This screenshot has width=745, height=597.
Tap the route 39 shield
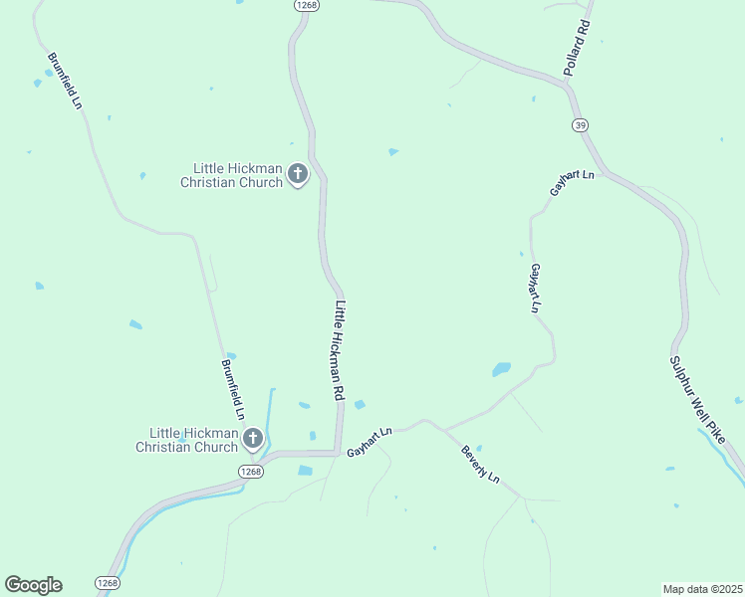[580, 124]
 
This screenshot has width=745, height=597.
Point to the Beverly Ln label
[479, 465]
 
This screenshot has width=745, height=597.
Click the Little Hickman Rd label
[339, 351]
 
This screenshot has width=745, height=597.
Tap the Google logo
[33, 585]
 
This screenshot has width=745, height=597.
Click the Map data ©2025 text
[702, 588]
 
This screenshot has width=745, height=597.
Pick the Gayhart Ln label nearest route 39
[572, 183]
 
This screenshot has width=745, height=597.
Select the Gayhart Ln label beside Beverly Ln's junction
[370, 443]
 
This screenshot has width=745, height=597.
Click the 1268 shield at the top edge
[306, 5]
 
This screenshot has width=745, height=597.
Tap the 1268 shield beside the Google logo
[108, 582]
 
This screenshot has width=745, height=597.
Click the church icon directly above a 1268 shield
[253, 438]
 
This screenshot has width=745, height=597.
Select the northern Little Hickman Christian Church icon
[297, 175]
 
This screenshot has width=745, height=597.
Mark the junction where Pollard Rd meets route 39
[568, 86]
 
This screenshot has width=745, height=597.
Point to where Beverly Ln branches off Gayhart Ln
[443, 430]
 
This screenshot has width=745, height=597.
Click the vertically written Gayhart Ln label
[535, 290]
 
